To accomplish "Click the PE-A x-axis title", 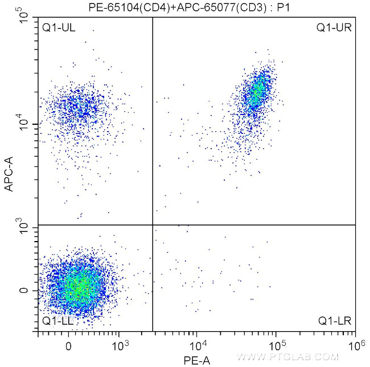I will (196, 360).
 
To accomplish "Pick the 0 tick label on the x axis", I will (69, 345).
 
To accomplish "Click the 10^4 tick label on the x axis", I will (197, 344).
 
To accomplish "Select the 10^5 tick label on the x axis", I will (277, 344).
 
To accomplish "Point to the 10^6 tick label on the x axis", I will (356, 344).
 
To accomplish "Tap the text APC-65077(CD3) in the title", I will (200, 7).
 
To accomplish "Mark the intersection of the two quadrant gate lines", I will (153, 225).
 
